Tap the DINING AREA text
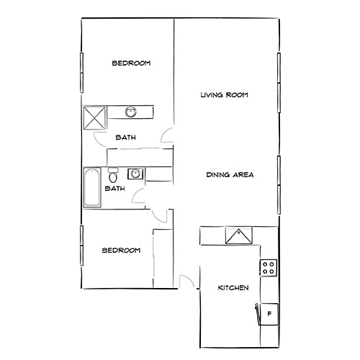click(x=230, y=175)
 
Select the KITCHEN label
click(x=233, y=288)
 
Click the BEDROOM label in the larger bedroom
click(x=130, y=64)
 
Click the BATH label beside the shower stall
click(x=127, y=138)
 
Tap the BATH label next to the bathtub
click(x=114, y=189)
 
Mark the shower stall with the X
click(x=95, y=116)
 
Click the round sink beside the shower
click(x=131, y=112)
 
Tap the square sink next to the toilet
click(x=134, y=174)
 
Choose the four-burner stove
click(x=269, y=268)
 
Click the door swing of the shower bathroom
click(x=167, y=135)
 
